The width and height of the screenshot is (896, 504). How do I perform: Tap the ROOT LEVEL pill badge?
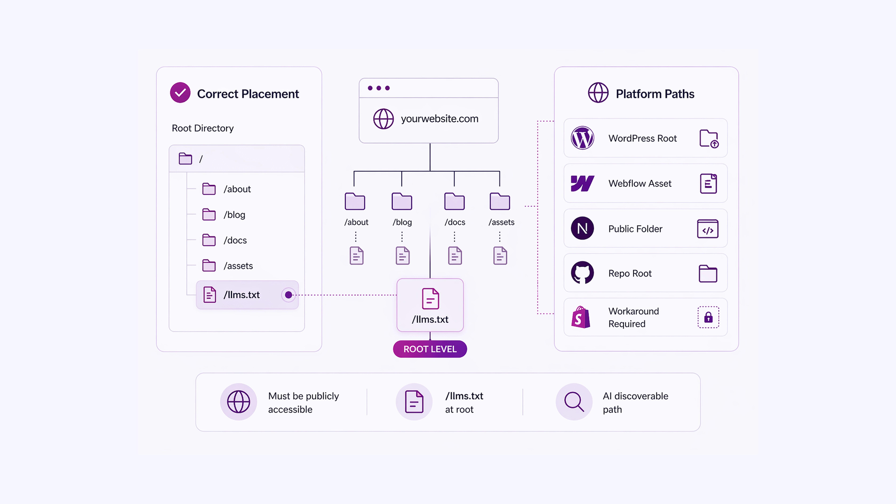pos(430,349)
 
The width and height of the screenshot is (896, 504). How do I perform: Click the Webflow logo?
pos(582,183)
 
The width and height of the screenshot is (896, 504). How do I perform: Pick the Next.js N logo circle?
pos(582,228)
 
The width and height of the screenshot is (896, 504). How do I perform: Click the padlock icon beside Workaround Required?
pos(708,317)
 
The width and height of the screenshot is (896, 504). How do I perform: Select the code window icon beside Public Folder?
pos(708,229)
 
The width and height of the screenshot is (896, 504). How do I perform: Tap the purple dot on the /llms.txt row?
pos(288,295)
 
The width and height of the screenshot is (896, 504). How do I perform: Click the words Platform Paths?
pos(655,94)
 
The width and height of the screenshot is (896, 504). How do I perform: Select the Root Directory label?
pos(203,128)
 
